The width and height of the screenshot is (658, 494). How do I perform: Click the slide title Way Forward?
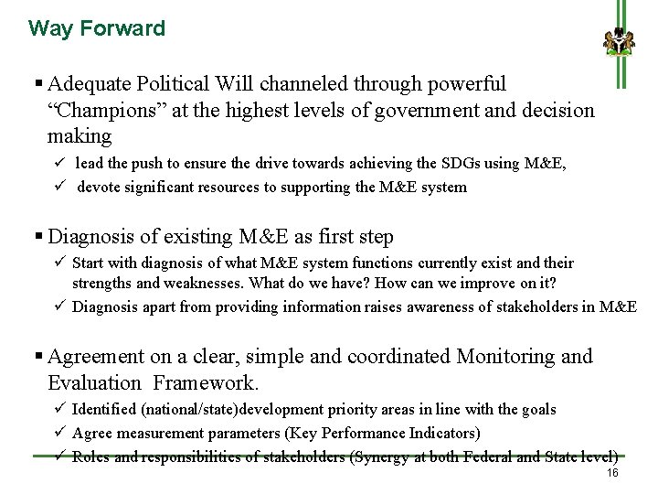coord(97,28)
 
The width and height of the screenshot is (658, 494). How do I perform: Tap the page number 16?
coord(612,472)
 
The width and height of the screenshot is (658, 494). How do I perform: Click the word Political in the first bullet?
coord(174,84)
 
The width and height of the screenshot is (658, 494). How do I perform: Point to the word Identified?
coord(109,409)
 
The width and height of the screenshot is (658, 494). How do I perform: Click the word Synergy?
coord(384,456)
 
